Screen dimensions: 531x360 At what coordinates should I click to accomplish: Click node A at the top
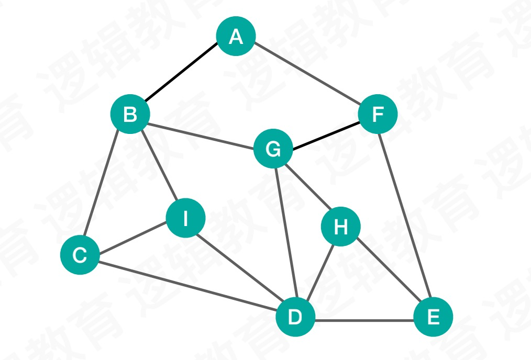point(236,36)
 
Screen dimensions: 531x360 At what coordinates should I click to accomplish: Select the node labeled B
point(130,114)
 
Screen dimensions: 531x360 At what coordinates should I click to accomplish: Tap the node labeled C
point(80,255)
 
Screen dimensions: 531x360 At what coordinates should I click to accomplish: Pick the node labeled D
point(295,317)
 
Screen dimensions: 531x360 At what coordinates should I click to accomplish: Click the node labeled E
point(433,317)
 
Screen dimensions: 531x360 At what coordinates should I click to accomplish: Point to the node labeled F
point(378,114)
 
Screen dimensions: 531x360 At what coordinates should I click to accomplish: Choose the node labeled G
point(273,150)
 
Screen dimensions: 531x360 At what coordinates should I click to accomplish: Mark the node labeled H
point(341,227)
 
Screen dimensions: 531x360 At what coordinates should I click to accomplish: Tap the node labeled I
point(185,218)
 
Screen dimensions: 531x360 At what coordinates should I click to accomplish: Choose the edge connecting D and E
point(364,319)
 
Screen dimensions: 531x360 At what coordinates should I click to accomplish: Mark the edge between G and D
point(284,233)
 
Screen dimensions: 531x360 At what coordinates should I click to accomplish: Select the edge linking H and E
point(388,272)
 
